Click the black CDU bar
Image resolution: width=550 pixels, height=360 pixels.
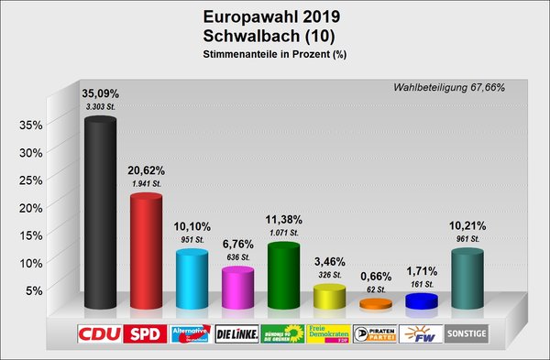point(100,214)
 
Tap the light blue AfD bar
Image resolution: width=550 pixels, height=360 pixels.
point(192,280)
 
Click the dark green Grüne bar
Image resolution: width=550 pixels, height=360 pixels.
point(283,277)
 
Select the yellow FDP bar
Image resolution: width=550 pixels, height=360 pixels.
point(329,298)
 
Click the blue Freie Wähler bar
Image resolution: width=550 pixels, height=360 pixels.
point(421,301)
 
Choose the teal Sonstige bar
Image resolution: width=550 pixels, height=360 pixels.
point(467,279)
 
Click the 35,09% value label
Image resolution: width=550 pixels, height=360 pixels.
point(100,93)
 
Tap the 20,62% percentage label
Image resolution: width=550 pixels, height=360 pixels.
point(146,171)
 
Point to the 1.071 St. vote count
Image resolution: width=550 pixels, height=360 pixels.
point(283,234)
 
